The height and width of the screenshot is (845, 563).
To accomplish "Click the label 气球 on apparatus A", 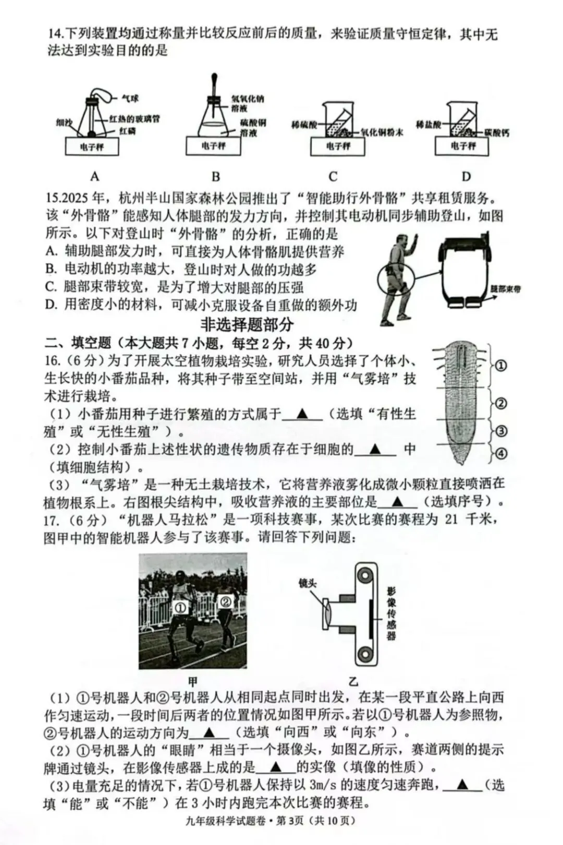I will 130,99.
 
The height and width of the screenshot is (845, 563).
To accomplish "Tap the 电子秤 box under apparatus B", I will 214,146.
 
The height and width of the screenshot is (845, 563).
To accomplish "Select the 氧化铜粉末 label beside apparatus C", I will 382,132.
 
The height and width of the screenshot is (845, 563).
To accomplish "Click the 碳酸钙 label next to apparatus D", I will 496,132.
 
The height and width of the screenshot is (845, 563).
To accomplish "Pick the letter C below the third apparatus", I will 333,176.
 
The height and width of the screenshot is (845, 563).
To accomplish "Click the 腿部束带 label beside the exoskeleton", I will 505,289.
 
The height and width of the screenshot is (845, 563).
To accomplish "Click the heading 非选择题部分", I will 247,324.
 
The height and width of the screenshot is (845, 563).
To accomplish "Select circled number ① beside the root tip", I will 500,366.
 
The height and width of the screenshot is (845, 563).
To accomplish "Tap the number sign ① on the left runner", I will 180,608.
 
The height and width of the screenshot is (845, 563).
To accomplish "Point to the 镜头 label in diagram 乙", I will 308,583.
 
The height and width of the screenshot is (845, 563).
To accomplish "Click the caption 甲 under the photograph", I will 192,681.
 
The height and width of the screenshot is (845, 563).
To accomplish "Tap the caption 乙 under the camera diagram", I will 353,681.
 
